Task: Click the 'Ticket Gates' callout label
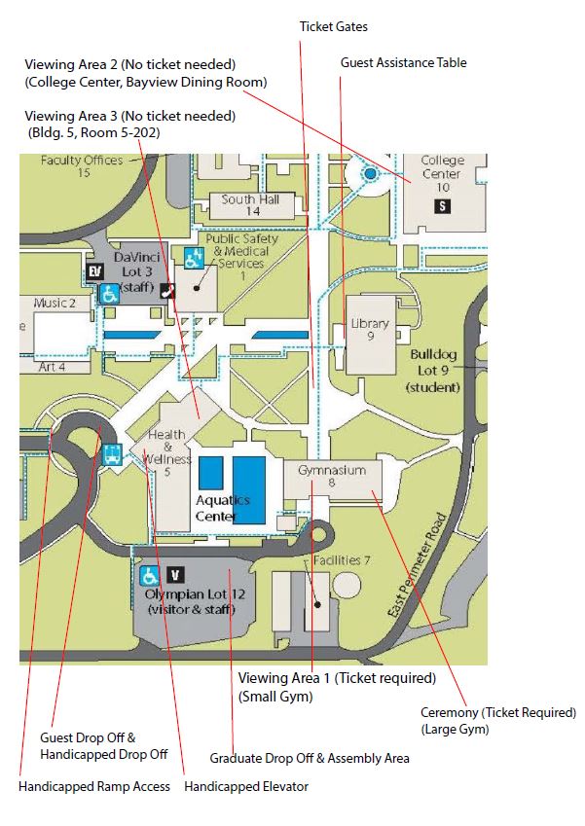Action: tap(333, 27)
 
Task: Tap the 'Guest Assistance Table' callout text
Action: tap(403, 63)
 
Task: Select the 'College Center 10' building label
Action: tap(443, 173)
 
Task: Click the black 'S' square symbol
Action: tap(444, 206)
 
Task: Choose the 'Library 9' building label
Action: tap(370, 330)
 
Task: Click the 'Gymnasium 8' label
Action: tap(332, 476)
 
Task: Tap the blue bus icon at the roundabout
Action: tap(112, 453)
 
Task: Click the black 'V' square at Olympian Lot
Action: tap(176, 575)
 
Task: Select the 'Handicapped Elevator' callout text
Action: tap(246, 786)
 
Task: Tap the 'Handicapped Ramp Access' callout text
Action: tap(94, 786)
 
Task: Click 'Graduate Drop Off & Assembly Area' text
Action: tap(310, 758)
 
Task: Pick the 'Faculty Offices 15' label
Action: tap(82, 166)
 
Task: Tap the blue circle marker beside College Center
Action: tap(370, 174)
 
